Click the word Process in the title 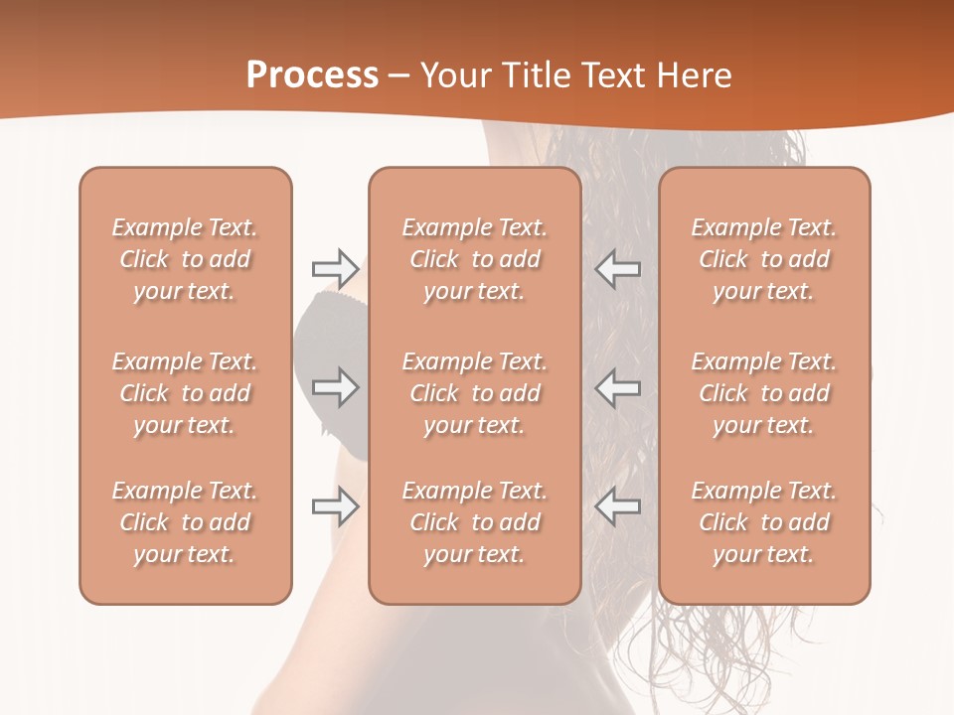coord(312,75)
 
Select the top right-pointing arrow coord(335,268)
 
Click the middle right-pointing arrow coord(335,387)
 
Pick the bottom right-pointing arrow coord(335,506)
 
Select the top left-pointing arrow coord(618,268)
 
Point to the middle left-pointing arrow coord(618,387)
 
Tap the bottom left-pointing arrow coord(618,506)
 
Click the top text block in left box coord(185,259)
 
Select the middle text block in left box coord(185,393)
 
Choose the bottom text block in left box coord(185,522)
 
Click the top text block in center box coord(474,259)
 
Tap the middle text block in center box coord(474,393)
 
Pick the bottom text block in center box coord(474,522)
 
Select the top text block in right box coord(763,259)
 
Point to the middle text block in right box coord(763,393)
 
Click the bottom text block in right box coord(763,522)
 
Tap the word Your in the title coord(451,75)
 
